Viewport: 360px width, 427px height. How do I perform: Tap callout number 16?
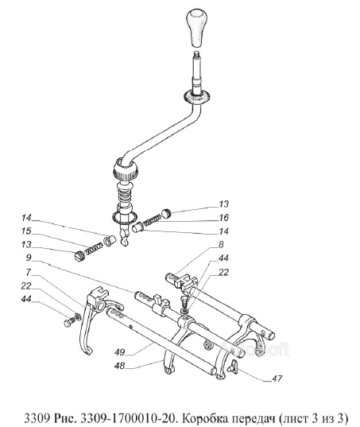[223, 218]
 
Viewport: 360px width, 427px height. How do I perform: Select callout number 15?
[26, 231]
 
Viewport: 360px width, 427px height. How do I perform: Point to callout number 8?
[221, 244]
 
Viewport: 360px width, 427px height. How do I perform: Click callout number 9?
[29, 258]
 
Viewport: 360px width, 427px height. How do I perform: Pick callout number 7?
[29, 271]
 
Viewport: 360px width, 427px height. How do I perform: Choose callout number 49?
[119, 352]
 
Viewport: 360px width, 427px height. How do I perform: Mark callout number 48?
[119, 366]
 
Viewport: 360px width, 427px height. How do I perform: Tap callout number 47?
[277, 378]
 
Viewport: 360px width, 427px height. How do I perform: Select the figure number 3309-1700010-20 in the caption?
[128, 417]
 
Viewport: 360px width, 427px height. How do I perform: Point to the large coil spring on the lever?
[126, 196]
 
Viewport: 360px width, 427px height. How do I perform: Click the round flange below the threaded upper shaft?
[197, 96]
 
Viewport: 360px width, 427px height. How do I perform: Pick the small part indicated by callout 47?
[233, 366]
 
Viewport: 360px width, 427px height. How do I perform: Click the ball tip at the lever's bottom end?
[124, 242]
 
